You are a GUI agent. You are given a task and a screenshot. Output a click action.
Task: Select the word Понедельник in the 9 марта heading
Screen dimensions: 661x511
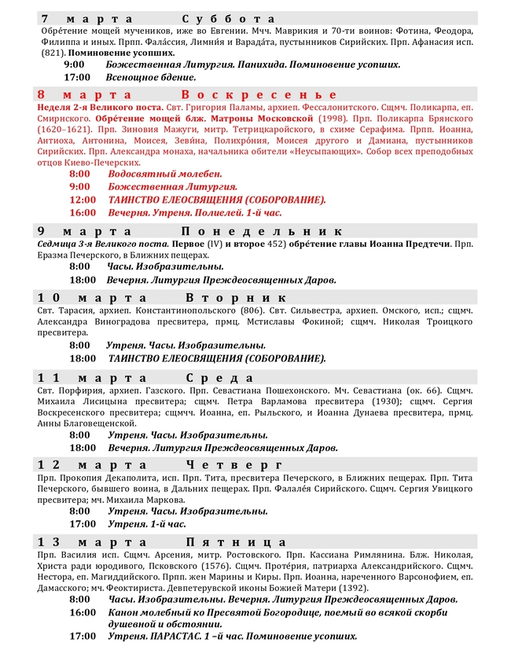click(x=262, y=231)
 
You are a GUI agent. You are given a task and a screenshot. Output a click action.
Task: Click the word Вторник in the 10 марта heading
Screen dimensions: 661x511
click(x=237, y=299)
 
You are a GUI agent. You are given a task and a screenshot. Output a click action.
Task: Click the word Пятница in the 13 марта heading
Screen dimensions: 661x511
click(x=237, y=542)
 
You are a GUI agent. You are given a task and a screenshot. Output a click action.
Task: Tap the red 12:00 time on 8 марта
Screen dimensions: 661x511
click(x=82, y=200)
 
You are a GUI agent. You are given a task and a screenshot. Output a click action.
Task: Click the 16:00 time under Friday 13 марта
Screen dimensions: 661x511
click(x=82, y=611)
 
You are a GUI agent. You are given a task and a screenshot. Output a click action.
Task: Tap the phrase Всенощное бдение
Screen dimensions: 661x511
click(x=152, y=77)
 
